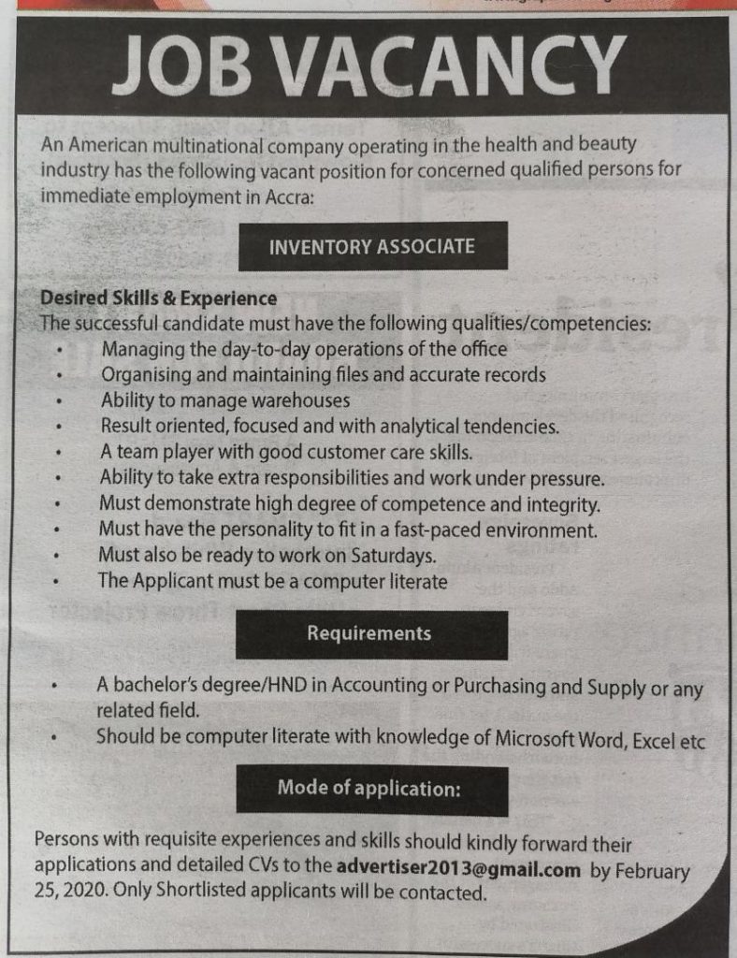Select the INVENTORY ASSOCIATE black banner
371,246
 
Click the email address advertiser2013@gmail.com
459,869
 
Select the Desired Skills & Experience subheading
158,298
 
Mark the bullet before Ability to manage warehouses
58,401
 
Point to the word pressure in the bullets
562,480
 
